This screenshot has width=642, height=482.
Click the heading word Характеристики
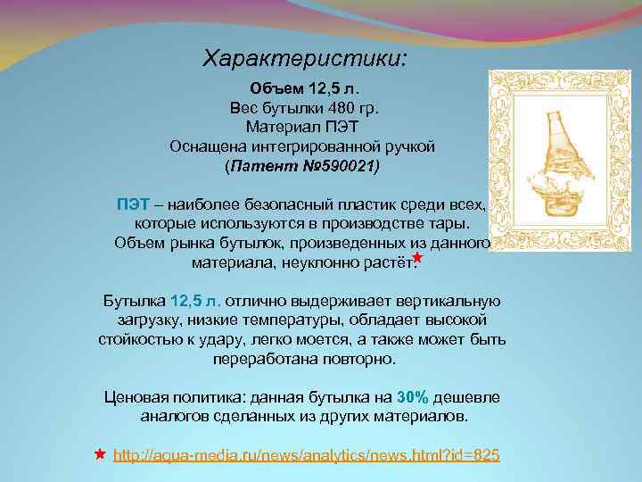pos(304,59)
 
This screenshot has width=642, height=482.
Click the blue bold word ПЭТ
pos(132,203)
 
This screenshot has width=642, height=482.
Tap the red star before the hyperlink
pos(100,454)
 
